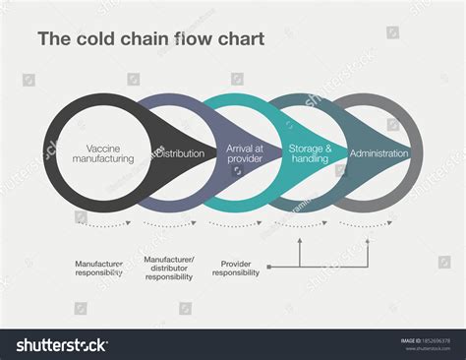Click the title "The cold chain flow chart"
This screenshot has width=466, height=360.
149,41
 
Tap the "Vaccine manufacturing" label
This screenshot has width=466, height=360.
102,153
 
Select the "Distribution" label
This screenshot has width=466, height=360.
182,153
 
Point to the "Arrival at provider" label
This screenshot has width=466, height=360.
244,153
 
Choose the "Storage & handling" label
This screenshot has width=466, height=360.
311,153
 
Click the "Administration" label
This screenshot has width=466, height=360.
379,153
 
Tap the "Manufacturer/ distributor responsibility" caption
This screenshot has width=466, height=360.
169,268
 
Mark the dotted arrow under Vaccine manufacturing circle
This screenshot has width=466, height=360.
102,224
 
